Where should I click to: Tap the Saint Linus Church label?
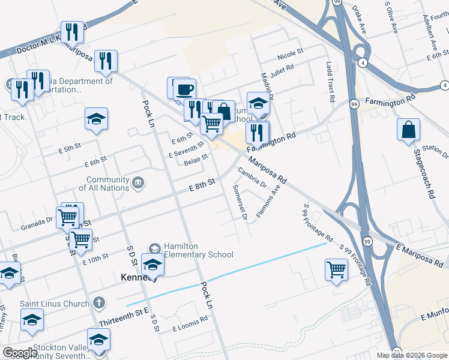click(x=54, y=304)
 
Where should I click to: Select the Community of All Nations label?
click(x=108, y=184)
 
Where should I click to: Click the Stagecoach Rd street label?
click(x=423, y=175)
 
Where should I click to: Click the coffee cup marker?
click(x=184, y=89)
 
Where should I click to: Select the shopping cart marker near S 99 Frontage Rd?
click(x=336, y=269)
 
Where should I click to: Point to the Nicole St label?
click(x=291, y=56)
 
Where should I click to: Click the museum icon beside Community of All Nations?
click(x=138, y=182)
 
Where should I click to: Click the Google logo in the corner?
click(x=20, y=353)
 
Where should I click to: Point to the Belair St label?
click(x=196, y=160)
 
